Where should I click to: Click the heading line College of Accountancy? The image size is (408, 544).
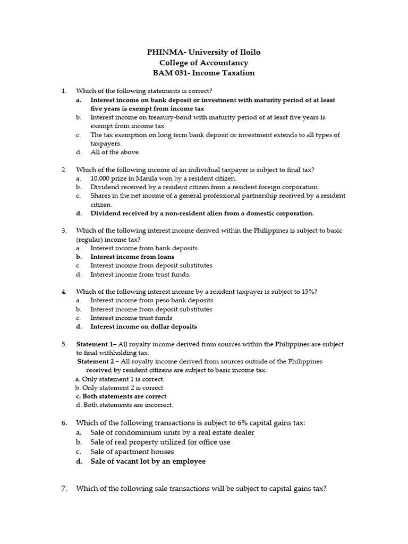tap(204, 63)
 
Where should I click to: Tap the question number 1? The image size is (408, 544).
tap(64, 91)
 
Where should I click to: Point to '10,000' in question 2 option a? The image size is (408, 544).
tap(100, 178)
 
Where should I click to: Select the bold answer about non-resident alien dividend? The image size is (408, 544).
tap(202, 213)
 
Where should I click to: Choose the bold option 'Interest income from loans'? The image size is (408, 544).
tap(132, 257)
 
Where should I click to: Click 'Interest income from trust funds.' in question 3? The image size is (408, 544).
tap(140, 274)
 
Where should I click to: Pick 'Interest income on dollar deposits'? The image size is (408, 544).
tap(143, 326)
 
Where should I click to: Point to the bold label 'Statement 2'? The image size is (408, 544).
tap(97, 361)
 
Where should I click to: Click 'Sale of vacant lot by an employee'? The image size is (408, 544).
tap(148, 461)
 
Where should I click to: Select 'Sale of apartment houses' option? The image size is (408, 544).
tap(132, 452)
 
